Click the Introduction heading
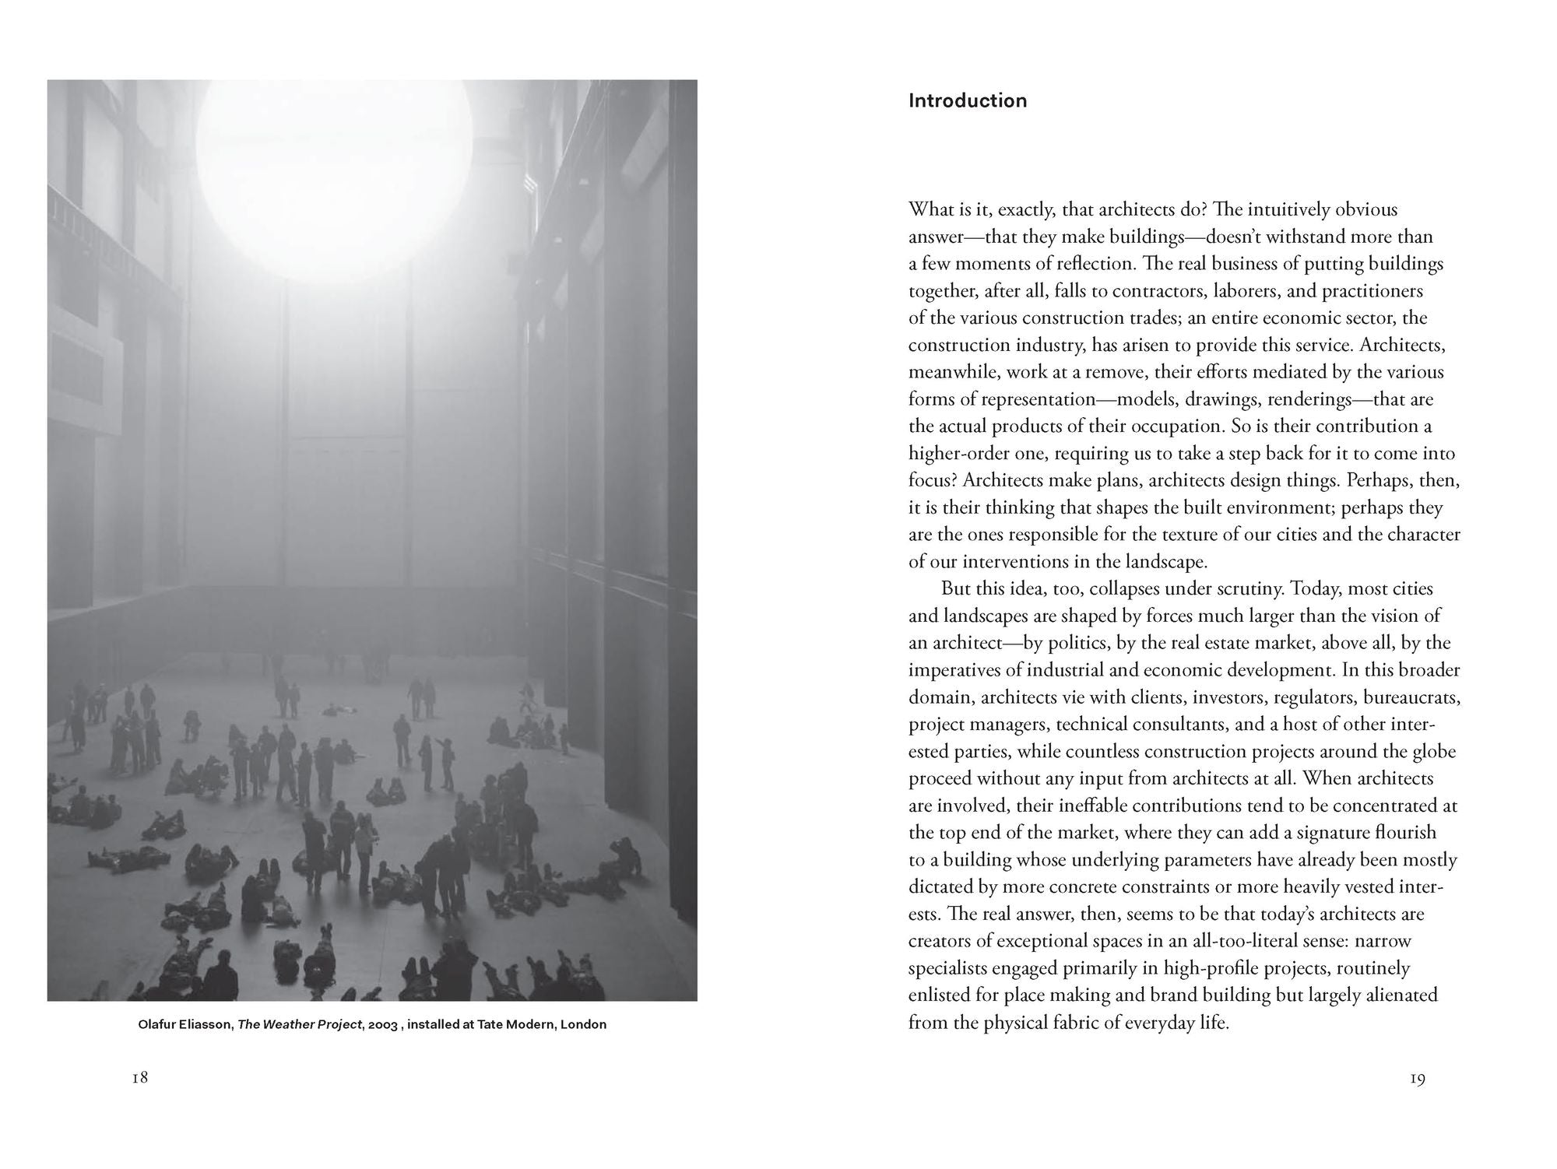point(967,100)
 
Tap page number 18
point(140,1078)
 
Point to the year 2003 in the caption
point(384,1024)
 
